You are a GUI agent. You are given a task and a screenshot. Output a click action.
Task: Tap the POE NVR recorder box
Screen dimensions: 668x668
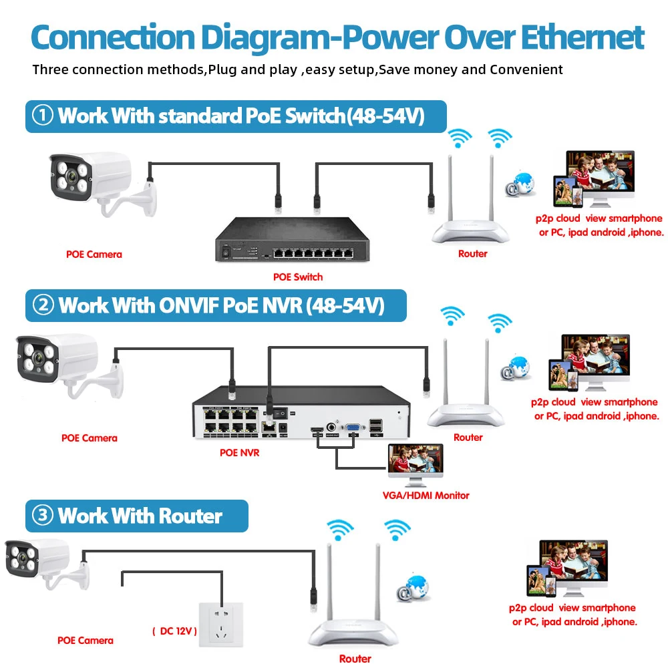tap(301, 417)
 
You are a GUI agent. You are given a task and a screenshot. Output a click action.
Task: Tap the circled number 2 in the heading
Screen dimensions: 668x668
tap(43, 306)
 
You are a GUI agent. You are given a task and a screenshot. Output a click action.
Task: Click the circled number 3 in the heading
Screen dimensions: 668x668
tap(43, 516)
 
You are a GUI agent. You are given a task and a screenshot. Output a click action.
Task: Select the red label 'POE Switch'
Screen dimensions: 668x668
tap(298, 277)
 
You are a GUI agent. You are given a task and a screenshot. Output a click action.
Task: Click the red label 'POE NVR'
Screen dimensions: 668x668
tap(239, 452)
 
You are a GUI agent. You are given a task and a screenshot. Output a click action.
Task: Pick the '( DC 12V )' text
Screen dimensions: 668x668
tap(174, 631)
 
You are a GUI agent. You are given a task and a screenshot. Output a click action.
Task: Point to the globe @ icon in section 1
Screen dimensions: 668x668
tap(520, 184)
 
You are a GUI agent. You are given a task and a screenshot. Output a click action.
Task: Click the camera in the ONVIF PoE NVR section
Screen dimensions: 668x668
tap(63, 364)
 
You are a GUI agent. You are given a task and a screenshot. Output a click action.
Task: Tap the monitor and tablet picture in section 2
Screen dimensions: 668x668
tap(589, 364)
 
